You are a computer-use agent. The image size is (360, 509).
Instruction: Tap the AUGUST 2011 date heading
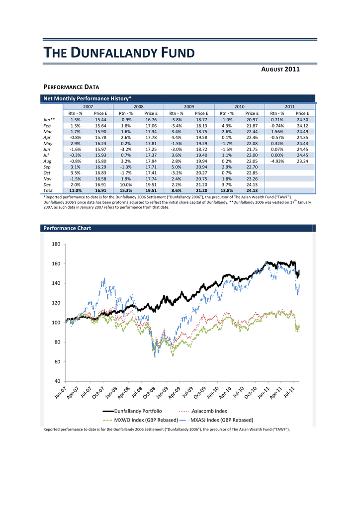[x=280, y=69]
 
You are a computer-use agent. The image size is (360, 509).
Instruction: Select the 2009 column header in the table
[x=189, y=106]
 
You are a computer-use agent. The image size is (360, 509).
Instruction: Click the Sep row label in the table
[x=47, y=167]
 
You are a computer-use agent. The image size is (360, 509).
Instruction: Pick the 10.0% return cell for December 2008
[x=126, y=185]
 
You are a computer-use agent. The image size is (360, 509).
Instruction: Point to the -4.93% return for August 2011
[x=277, y=162]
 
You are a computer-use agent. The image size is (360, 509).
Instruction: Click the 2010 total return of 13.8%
[x=227, y=190]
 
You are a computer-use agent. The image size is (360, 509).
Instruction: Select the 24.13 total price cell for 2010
[x=252, y=190]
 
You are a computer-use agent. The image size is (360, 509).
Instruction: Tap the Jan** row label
[x=49, y=120]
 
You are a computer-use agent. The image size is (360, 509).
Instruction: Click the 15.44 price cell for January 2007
[x=100, y=120]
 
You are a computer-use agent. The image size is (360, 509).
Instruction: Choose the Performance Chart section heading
[x=67, y=228]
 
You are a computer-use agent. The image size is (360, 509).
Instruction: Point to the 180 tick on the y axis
[x=56, y=244]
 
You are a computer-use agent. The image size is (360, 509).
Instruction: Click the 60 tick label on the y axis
[x=58, y=362]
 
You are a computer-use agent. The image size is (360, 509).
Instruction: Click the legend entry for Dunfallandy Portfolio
[x=132, y=411]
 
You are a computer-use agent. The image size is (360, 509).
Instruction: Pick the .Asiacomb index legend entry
[x=203, y=411]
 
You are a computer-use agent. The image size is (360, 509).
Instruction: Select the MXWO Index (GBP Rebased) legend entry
[x=140, y=420]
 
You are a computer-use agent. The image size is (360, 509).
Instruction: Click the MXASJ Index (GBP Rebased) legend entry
[x=216, y=420]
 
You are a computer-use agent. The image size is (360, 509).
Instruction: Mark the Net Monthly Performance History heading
[x=88, y=98]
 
